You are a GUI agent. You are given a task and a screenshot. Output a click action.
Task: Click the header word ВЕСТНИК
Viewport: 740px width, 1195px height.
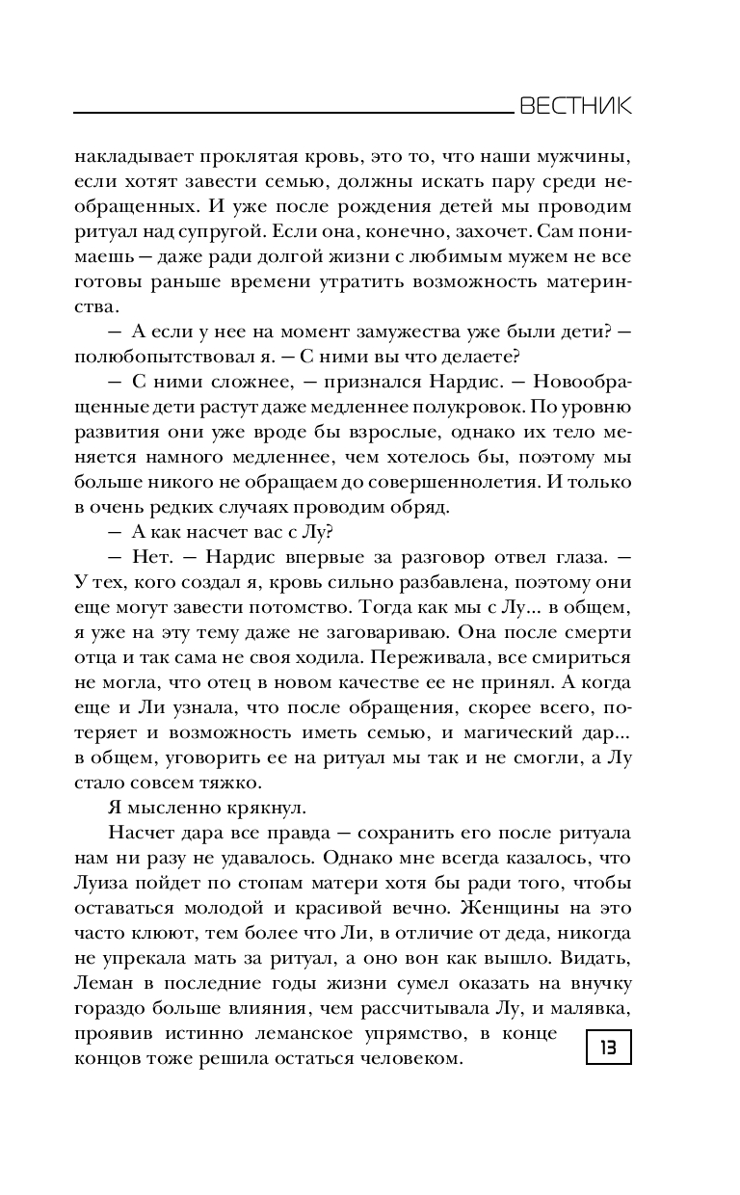[575, 107]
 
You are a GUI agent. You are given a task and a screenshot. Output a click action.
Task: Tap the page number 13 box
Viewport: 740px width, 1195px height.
[608, 1043]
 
